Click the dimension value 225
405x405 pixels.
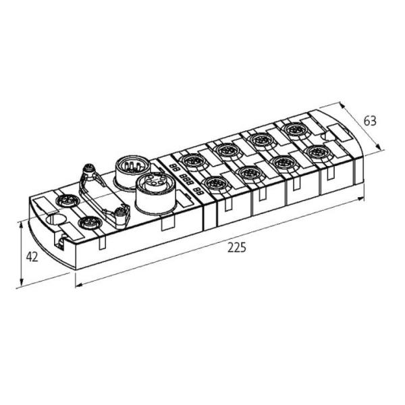tap(236, 247)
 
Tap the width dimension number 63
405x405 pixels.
tap(369, 121)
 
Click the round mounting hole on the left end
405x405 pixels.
tap(56, 218)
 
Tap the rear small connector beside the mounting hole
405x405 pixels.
tap(67, 201)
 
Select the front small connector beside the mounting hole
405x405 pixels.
tap(86, 222)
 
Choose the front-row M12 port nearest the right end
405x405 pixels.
tap(316, 152)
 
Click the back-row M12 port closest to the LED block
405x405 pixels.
tap(194, 161)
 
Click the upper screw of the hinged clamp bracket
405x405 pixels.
tap(88, 169)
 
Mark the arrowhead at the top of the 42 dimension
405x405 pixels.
tap(22, 223)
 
